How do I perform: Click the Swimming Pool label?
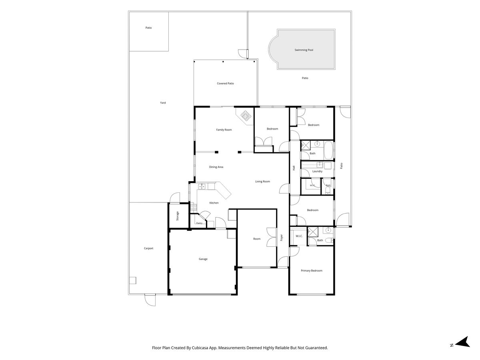click(304, 50)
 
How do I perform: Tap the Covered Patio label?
click(225, 83)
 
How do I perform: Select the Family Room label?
click(224, 130)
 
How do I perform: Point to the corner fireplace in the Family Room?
click(245, 116)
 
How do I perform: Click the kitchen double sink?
click(202, 186)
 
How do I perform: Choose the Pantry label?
click(199, 223)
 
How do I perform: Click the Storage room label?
click(177, 216)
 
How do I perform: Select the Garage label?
click(203, 259)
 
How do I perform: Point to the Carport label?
click(148, 248)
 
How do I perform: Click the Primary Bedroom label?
click(311, 271)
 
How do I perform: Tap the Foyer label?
click(282, 238)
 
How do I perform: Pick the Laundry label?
click(317, 171)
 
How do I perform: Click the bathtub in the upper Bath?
click(328, 150)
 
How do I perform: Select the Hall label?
click(294, 168)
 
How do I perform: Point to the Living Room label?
click(262, 182)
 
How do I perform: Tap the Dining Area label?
click(216, 167)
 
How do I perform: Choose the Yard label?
click(163, 103)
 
